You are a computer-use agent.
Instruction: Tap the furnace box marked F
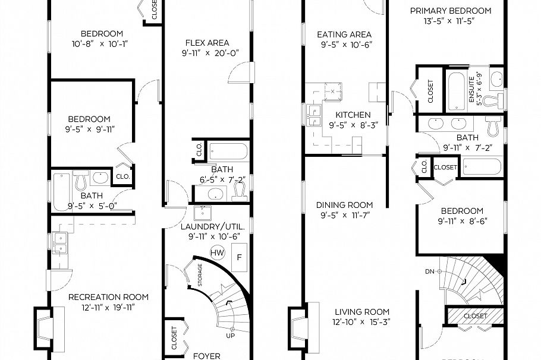tap(240, 257)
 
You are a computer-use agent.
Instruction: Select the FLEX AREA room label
tap(207, 43)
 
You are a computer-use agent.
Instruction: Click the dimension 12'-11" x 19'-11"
tap(108, 307)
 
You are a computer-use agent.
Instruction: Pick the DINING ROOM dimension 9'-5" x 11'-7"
tap(344, 216)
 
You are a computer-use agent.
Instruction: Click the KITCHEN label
tap(353, 115)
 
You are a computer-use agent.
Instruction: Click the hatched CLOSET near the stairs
tap(474, 316)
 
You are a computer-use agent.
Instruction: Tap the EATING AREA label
tap(344, 34)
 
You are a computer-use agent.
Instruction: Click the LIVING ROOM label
tap(362, 312)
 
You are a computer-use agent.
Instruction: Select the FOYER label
tap(207, 356)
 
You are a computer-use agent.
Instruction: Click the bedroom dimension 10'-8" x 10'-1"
tap(102, 43)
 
